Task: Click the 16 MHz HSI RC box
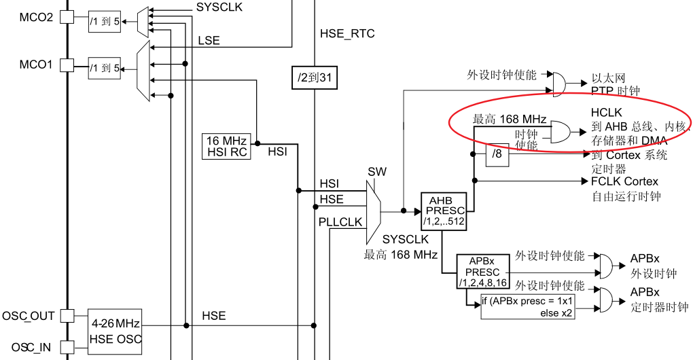(226, 146)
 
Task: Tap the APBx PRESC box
(482, 272)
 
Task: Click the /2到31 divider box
(314, 78)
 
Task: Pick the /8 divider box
(498, 156)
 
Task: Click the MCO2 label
(36, 17)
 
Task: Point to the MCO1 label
(36, 65)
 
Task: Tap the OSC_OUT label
(28, 317)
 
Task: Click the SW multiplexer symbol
(373, 211)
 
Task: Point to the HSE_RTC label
(347, 34)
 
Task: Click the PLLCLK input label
(340, 223)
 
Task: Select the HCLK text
(606, 112)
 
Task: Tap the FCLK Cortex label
(624, 182)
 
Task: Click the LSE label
(209, 41)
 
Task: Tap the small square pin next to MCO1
(67, 65)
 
